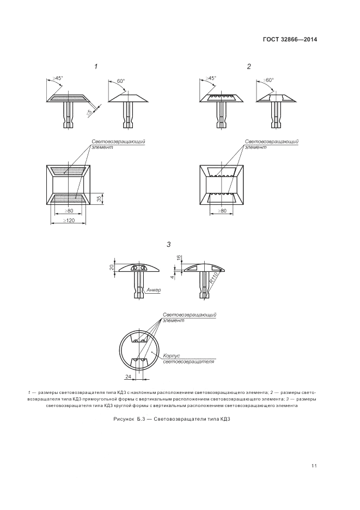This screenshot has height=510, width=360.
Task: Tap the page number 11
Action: (314, 466)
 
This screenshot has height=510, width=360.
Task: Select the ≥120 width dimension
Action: (69, 220)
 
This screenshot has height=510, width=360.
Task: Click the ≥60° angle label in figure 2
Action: (268, 80)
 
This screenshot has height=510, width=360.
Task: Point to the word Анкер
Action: (154, 290)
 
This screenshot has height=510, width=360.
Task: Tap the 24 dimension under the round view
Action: (128, 376)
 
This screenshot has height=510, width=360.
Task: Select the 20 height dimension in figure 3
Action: (112, 268)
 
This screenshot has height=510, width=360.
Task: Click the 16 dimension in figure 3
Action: (178, 258)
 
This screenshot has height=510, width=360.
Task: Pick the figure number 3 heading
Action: (169, 244)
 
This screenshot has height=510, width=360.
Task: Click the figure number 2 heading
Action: (249, 66)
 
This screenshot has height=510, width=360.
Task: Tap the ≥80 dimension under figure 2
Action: (222, 211)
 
